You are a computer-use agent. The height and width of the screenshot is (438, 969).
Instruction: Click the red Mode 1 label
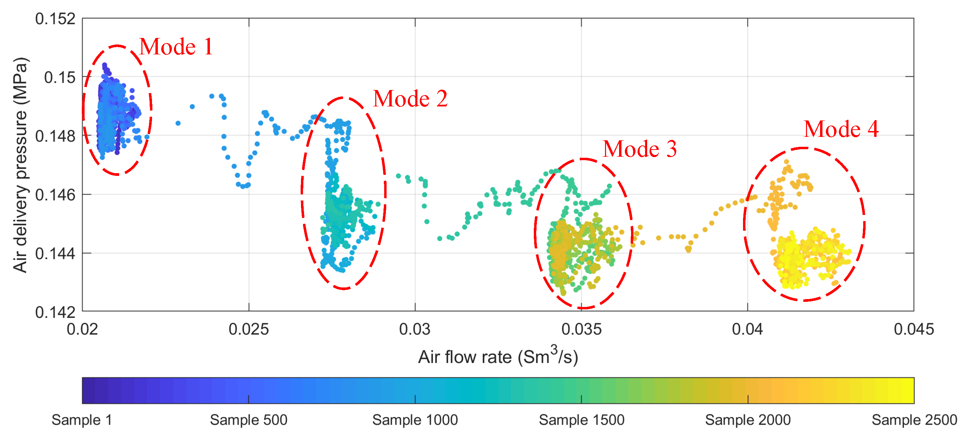point(176,47)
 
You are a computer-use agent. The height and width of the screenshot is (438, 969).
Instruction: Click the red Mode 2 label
point(410,99)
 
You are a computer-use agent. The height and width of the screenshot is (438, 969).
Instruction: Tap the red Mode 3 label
point(639,149)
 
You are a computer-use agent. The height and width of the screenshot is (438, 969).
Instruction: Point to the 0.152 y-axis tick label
point(55,19)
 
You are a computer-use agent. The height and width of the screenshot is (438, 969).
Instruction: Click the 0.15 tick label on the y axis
point(60,77)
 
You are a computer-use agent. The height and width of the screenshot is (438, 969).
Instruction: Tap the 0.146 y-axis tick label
point(55,195)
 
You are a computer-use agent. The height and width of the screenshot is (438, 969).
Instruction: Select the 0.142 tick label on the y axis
point(55,312)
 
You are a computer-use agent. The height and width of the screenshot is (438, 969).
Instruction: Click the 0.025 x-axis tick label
point(249,329)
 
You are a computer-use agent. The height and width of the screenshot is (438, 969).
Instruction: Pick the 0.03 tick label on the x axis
point(415,329)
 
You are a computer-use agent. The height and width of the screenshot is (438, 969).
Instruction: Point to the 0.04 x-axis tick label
point(747,329)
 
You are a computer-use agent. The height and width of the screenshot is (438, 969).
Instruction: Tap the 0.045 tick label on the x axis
point(913,329)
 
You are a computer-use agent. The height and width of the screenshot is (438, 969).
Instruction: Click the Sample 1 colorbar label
point(81,420)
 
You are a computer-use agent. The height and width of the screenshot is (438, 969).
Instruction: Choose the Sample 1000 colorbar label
point(415,420)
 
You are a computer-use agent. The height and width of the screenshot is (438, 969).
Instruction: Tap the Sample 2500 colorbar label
point(914,420)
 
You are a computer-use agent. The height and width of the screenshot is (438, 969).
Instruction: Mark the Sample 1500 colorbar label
point(581,420)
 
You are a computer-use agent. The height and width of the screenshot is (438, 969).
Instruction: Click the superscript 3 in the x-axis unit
point(554,350)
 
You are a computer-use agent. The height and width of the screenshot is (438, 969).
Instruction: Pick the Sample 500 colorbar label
point(248,420)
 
